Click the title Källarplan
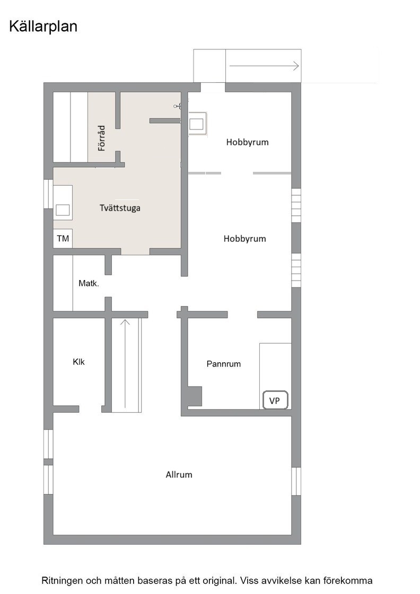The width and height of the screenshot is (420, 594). coord(43,27)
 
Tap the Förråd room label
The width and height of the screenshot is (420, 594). coord(102,138)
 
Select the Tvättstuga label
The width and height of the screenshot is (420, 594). coord(120,208)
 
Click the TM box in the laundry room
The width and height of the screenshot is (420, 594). coord(63,239)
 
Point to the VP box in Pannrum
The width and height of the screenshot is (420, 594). coord(275,400)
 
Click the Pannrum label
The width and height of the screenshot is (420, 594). coord(223,364)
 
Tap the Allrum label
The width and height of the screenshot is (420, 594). coord(179,475)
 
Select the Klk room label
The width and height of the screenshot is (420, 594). coord(78,362)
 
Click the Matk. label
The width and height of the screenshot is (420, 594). coord(89,284)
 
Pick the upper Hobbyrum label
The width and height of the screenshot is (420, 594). coord(247,142)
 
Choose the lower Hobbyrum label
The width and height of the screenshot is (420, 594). coord(244,239)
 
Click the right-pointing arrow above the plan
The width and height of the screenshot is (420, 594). coord(264,66)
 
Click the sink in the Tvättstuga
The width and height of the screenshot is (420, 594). coord(63,211)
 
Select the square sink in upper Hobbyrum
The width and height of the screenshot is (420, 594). coord(197,124)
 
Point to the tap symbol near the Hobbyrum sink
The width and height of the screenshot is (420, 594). coord(177,107)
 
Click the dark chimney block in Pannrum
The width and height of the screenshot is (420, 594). coord(194,396)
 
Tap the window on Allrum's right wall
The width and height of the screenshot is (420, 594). coord(296,481)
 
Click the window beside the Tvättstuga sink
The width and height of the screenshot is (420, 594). coord(48,194)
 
